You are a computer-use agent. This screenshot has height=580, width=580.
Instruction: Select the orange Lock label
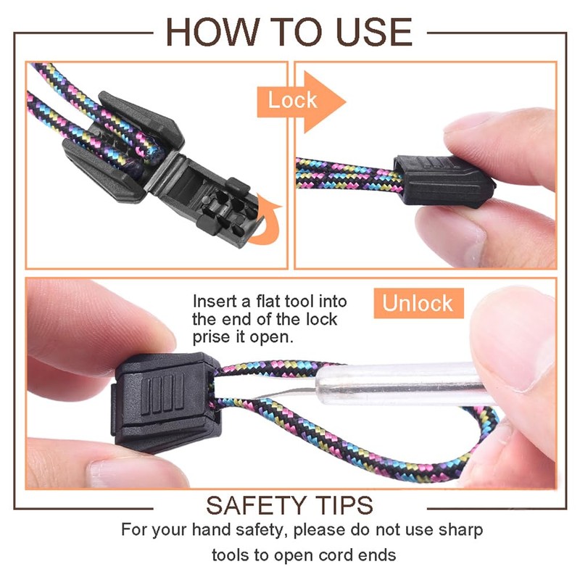(x=292, y=100)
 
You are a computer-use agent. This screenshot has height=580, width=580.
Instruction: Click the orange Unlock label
(x=417, y=303)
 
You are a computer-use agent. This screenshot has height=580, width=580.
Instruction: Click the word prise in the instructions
(x=211, y=337)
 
